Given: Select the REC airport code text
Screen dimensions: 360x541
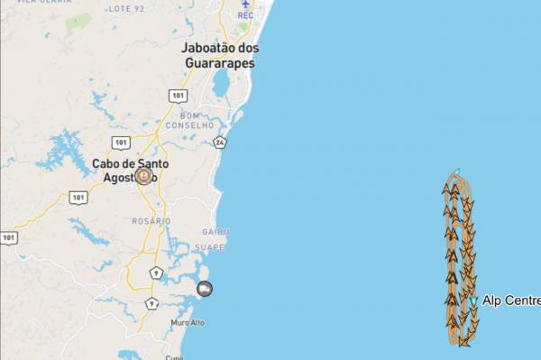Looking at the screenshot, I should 245,15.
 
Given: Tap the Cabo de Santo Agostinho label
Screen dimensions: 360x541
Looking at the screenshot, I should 125,170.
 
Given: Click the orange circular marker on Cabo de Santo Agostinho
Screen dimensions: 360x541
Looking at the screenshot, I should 142,175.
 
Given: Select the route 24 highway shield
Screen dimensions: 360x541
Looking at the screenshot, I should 220,142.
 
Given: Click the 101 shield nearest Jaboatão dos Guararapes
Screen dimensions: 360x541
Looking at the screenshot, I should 177,94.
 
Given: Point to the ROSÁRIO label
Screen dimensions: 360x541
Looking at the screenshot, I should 151,221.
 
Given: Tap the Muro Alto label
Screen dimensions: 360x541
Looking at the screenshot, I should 187,321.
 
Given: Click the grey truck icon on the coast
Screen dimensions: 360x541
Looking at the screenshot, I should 206,289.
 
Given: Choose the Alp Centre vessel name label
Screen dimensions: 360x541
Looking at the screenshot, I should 511,300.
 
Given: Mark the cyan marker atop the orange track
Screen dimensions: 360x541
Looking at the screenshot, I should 458,171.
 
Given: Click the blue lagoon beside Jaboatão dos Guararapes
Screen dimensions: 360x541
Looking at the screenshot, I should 221,84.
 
